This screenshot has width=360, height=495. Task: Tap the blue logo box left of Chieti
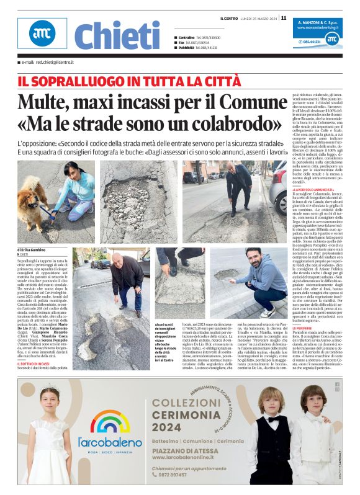42,33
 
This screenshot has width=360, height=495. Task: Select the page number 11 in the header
284,17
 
